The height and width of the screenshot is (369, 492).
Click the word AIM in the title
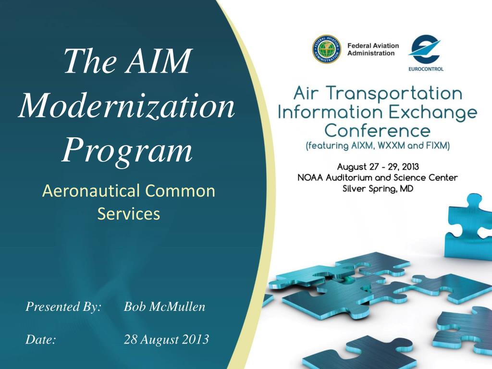pyautogui.click(x=159, y=61)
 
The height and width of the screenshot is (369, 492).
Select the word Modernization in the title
pyautogui.click(x=127, y=105)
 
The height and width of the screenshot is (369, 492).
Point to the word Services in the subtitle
pyautogui.click(x=129, y=214)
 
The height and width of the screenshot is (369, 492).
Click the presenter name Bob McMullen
pyautogui.click(x=164, y=307)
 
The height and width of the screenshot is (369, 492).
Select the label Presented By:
pyautogui.click(x=63, y=307)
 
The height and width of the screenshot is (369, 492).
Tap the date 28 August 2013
pyautogui.click(x=166, y=339)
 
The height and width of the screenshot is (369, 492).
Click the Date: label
pyautogui.click(x=40, y=339)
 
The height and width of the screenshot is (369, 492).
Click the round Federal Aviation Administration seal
pyautogui.click(x=326, y=49)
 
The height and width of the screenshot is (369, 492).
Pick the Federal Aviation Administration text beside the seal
pyautogui.click(x=373, y=49)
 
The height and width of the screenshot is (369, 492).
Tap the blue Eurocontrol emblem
pyautogui.click(x=426, y=49)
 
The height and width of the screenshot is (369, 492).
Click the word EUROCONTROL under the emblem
pyautogui.click(x=426, y=69)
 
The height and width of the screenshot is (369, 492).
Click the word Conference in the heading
pyautogui.click(x=377, y=130)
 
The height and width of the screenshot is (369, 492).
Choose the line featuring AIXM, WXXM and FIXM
pyautogui.click(x=378, y=146)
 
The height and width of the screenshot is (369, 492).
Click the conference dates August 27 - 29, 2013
pyautogui.click(x=378, y=167)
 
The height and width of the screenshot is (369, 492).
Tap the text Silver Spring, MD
pyautogui.click(x=378, y=189)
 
